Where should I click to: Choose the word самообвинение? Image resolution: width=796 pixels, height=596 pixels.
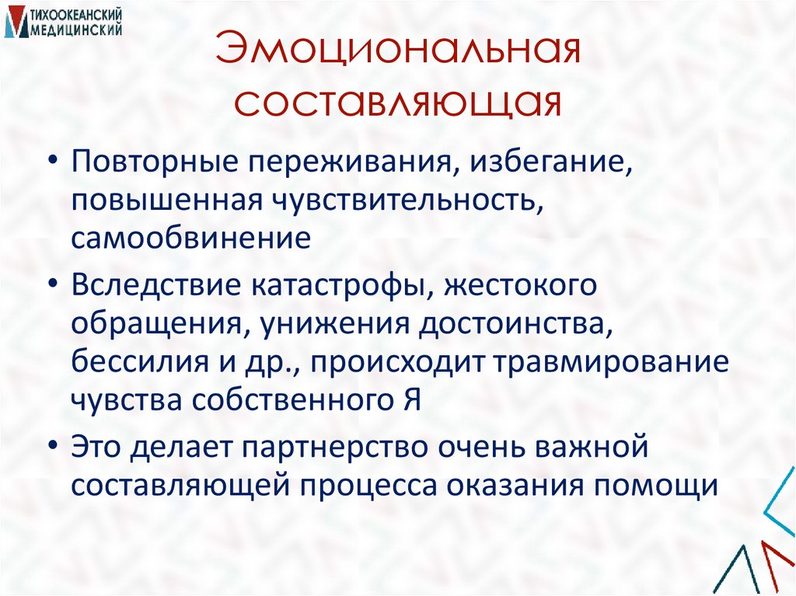point(191,237)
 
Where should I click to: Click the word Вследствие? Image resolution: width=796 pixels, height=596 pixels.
point(156,285)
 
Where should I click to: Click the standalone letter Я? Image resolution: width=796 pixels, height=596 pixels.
point(412,400)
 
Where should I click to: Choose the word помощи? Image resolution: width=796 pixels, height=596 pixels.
point(657,486)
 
